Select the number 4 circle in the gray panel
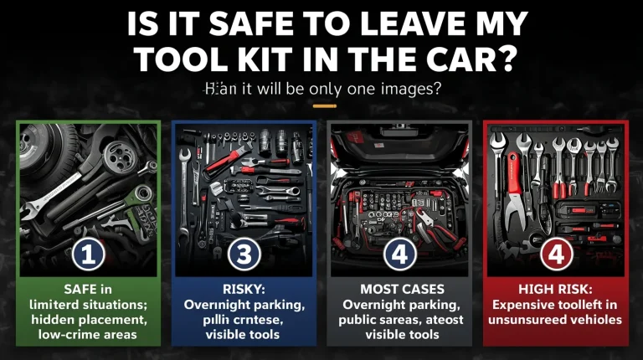pos(399,254)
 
